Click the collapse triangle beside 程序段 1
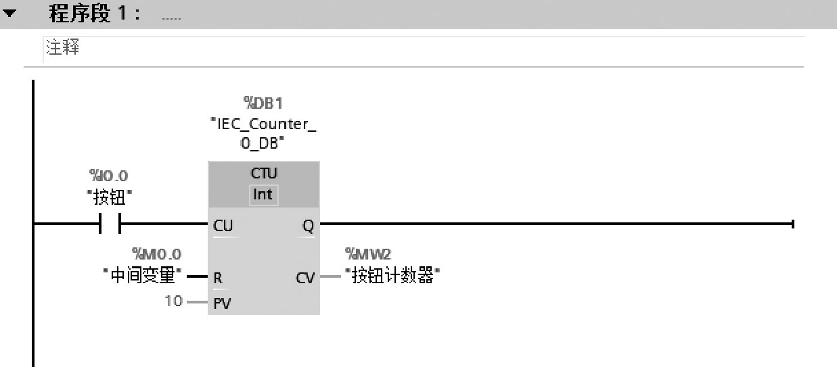tap(9, 13)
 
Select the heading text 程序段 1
tap(95, 14)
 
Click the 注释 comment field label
tap(62, 47)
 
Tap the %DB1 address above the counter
tap(263, 103)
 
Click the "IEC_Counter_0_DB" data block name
tap(263, 133)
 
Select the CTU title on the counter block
tap(264, 173)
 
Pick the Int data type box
tap(263, 195)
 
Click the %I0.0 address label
tap(108, 176)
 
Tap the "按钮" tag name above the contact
tap(109, 197)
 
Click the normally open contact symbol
tap(110, 223)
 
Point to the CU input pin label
tap(223, 226)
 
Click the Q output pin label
tap(308, 226)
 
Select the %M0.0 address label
tap(156, 254)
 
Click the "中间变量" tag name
tap(142, 275)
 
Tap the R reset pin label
tap(218, 278)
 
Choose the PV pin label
tap(222, 303)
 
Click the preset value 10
tap(173, 301)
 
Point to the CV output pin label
tap(305, 278)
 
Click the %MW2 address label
tap(368, 254)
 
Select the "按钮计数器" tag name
tap(392, 276)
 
